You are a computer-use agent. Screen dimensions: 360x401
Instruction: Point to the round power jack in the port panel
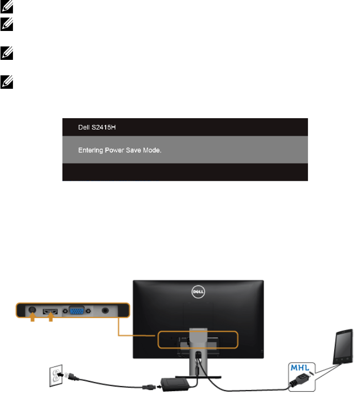point(32,311)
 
